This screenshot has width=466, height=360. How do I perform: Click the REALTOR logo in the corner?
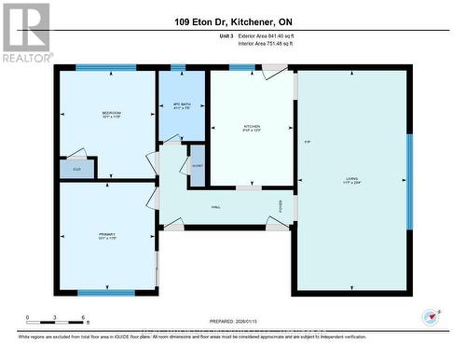[x=26, y=32]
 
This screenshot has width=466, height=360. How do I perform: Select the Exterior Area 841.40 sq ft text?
[x=277, y=35]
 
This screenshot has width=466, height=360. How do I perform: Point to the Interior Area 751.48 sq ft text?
[x=277, y=43]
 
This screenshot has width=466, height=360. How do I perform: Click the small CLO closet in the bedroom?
[x=76, y=169]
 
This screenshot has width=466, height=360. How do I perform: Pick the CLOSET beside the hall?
[x=197, y=165]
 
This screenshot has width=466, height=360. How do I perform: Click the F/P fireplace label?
[x=307, y=142]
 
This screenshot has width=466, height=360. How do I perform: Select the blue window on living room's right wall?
[x=409, y=180]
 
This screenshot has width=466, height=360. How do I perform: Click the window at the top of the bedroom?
[x=105, y=67]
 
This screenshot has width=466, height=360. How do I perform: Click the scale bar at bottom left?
[x=56, y=320]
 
